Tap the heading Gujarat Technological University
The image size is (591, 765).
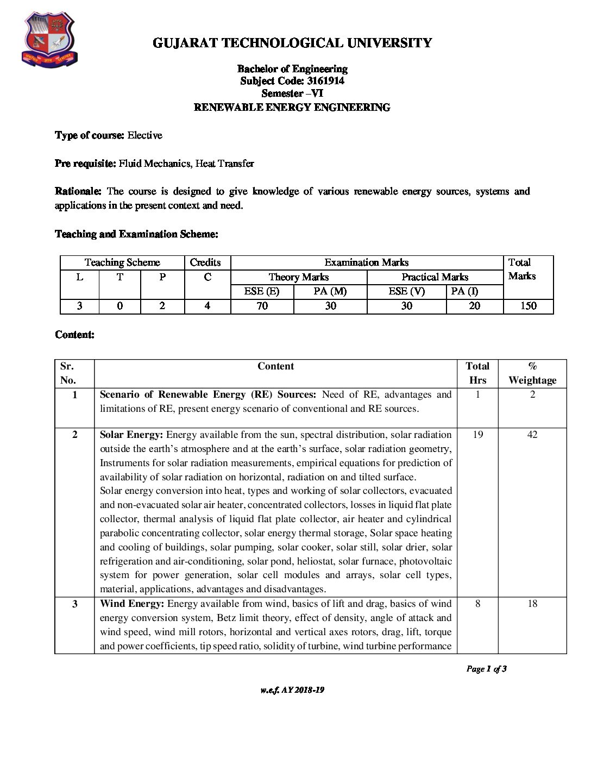click(x=292, y=43)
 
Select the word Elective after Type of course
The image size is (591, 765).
click(x=144, y=135)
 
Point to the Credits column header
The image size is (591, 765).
click(x=205, y=262)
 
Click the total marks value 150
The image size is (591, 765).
click(x=528, y=306)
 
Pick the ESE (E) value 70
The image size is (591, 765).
click(x=262, y=306)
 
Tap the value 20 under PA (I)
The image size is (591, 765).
click(x=474, y=306)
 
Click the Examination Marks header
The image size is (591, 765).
click(x=366, y=262)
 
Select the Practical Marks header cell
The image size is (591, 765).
click(x=435, y=277)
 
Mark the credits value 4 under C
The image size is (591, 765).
click(x=208, y=306)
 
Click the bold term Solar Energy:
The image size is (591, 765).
click(x=131, y=435)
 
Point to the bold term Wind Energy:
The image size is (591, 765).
click(x=132, y=604)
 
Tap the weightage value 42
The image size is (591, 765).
click(x=532, y=435)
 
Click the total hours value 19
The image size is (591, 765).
click(x=477, y=435)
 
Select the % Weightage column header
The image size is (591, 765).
click(x=532, y=373)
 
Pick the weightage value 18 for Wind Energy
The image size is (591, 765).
click(x=532, y=604)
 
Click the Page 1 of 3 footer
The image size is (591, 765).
click(x=486, y=669)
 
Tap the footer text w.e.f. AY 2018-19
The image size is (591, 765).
click(x=292, y=690)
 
